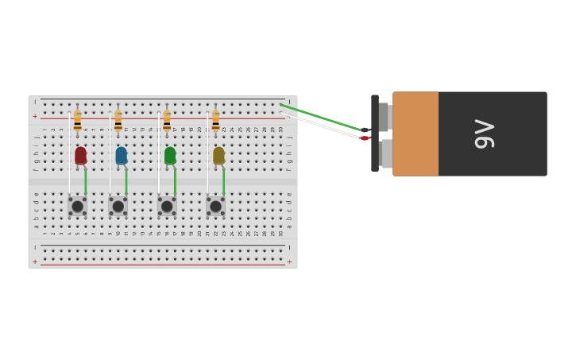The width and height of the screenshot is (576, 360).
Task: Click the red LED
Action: [x=80, y=156]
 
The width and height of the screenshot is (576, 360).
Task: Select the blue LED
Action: [x=121, y=156]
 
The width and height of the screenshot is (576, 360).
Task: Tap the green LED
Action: [x=170, y=156]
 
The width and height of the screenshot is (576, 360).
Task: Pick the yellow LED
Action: [x=218, y=156]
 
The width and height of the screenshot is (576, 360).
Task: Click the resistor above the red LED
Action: [x=77, y=121]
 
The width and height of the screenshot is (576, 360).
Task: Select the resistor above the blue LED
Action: [x=118, y=121]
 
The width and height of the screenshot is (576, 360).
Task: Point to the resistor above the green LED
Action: [x=167, y=121]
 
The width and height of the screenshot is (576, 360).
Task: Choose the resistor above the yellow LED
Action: [x=215, y=121]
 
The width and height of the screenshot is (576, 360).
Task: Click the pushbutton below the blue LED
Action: [x=118, y=207]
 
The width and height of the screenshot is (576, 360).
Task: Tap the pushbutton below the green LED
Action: [x=167, y=207]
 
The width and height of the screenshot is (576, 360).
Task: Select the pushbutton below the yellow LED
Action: [x=215, y=207]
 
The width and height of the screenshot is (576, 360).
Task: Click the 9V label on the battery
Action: [x=484, y=134]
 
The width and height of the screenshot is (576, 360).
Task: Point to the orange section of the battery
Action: [x=416, y=134]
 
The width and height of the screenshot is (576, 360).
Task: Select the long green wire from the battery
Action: [x=322, y=117]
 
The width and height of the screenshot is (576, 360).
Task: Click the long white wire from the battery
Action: [x=322, y=126]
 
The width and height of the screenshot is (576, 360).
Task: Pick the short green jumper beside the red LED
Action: [x=86, y=181]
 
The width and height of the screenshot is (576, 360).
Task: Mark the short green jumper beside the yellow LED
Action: [x=224, y=181]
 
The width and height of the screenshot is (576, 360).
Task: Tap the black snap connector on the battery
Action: [x=375, y=134]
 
